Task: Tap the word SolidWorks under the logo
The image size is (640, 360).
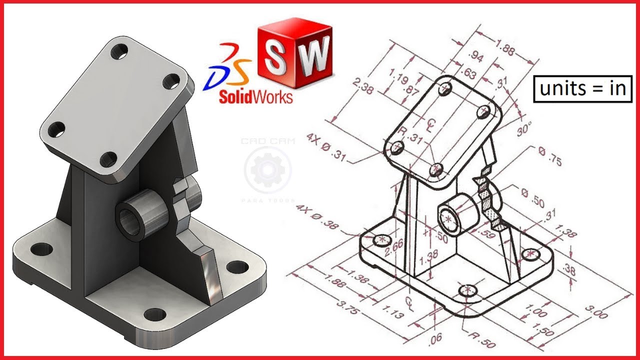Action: click(255, 96)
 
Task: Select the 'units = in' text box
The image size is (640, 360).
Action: click(582, 88)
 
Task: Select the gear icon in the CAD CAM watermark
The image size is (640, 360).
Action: click(267, 170)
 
